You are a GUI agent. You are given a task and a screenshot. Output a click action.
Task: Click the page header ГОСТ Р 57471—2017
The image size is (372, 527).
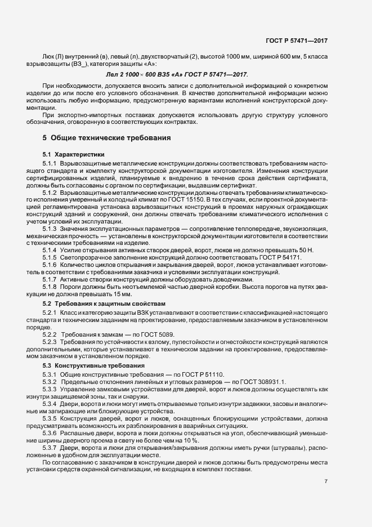click(297, 41)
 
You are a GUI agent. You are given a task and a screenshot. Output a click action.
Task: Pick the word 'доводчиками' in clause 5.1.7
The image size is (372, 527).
click(234, 279)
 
